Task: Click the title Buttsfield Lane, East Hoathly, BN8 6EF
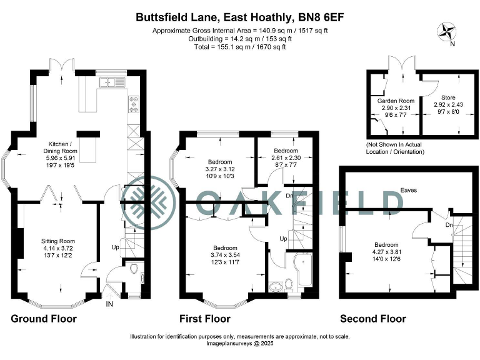tap(239, 18)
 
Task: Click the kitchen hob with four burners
tap(134, 103)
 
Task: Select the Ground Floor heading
tap(44, 319)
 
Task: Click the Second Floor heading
tap(372, 319)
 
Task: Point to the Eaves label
tap(409, 189)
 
